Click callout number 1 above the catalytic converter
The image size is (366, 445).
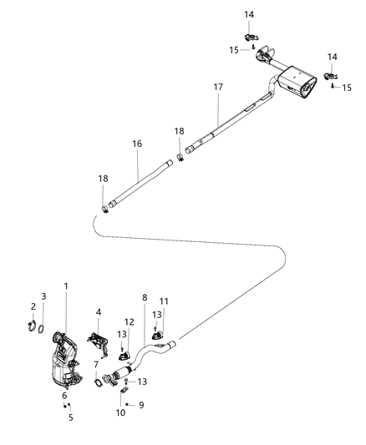click(x=66, y=287)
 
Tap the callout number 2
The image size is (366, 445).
click(x=33, y=306)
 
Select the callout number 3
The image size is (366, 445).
click(x=44, y=296)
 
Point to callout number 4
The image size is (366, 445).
click(x=99, y=312)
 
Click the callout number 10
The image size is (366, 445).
click(x=120, y=412)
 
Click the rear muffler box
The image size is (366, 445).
click(x=297, y=84)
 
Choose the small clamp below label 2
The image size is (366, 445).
click(x=31, y=326)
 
